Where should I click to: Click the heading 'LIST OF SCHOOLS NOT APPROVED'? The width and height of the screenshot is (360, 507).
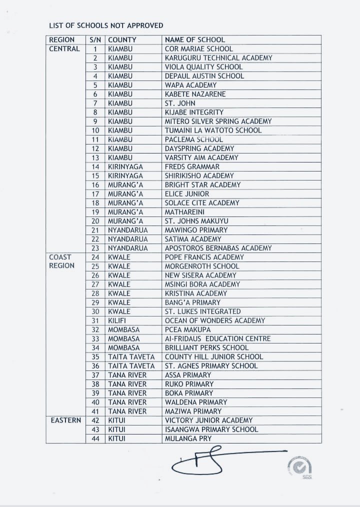coord(106,25)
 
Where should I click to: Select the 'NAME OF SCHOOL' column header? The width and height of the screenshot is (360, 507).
coord(195,39)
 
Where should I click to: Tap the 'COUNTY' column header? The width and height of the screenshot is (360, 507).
coord(122,39)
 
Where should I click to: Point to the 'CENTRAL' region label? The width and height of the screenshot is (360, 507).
coord(64,49)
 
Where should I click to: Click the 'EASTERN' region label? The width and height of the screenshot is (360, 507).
coord(65,420)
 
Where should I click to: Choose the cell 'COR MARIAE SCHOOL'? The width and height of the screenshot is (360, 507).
coord(198,49)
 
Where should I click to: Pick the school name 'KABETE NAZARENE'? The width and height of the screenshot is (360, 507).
coord(195,94)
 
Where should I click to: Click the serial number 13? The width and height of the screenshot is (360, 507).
coord(95,157)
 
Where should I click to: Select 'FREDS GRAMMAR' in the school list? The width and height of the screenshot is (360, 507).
coord(192,166)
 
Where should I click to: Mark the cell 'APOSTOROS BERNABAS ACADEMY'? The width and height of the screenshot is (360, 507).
coord(218,248)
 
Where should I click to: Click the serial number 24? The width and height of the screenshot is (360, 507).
coord(95,257)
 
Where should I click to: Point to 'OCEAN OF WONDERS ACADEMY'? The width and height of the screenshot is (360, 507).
coord(215,320)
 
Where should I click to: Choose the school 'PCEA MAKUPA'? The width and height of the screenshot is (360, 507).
coord(187,329)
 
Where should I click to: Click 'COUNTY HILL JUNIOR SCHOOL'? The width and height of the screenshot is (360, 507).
coord(213,356)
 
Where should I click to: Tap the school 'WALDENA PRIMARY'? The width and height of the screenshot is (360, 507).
coord(196,402)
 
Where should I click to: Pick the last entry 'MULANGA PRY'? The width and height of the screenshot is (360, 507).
coord(188,438)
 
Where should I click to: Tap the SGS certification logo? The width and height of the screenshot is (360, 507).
coord(300,467)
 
